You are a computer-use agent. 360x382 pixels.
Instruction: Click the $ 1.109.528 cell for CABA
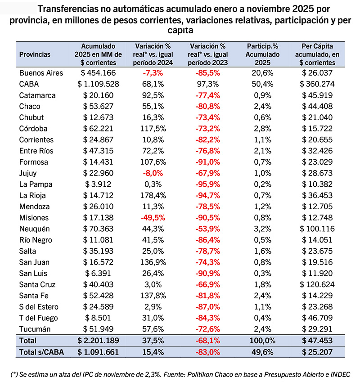point(98,84)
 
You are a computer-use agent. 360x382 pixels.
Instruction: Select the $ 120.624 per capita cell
point(318,284)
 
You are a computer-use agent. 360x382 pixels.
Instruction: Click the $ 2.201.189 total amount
point(98,341)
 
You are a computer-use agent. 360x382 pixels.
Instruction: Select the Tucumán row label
point(34,328)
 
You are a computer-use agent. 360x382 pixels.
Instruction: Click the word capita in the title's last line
point(180,30)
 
